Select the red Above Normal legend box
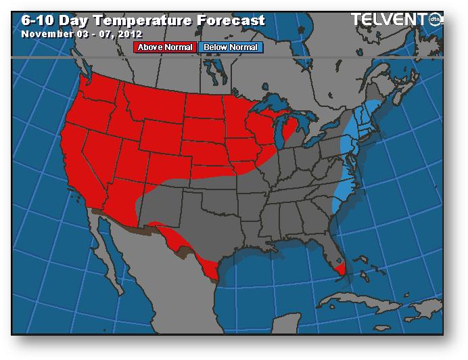point(166,47)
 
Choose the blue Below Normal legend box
point(231,47)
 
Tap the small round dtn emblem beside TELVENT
point(437,19)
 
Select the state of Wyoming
point(160,135)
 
